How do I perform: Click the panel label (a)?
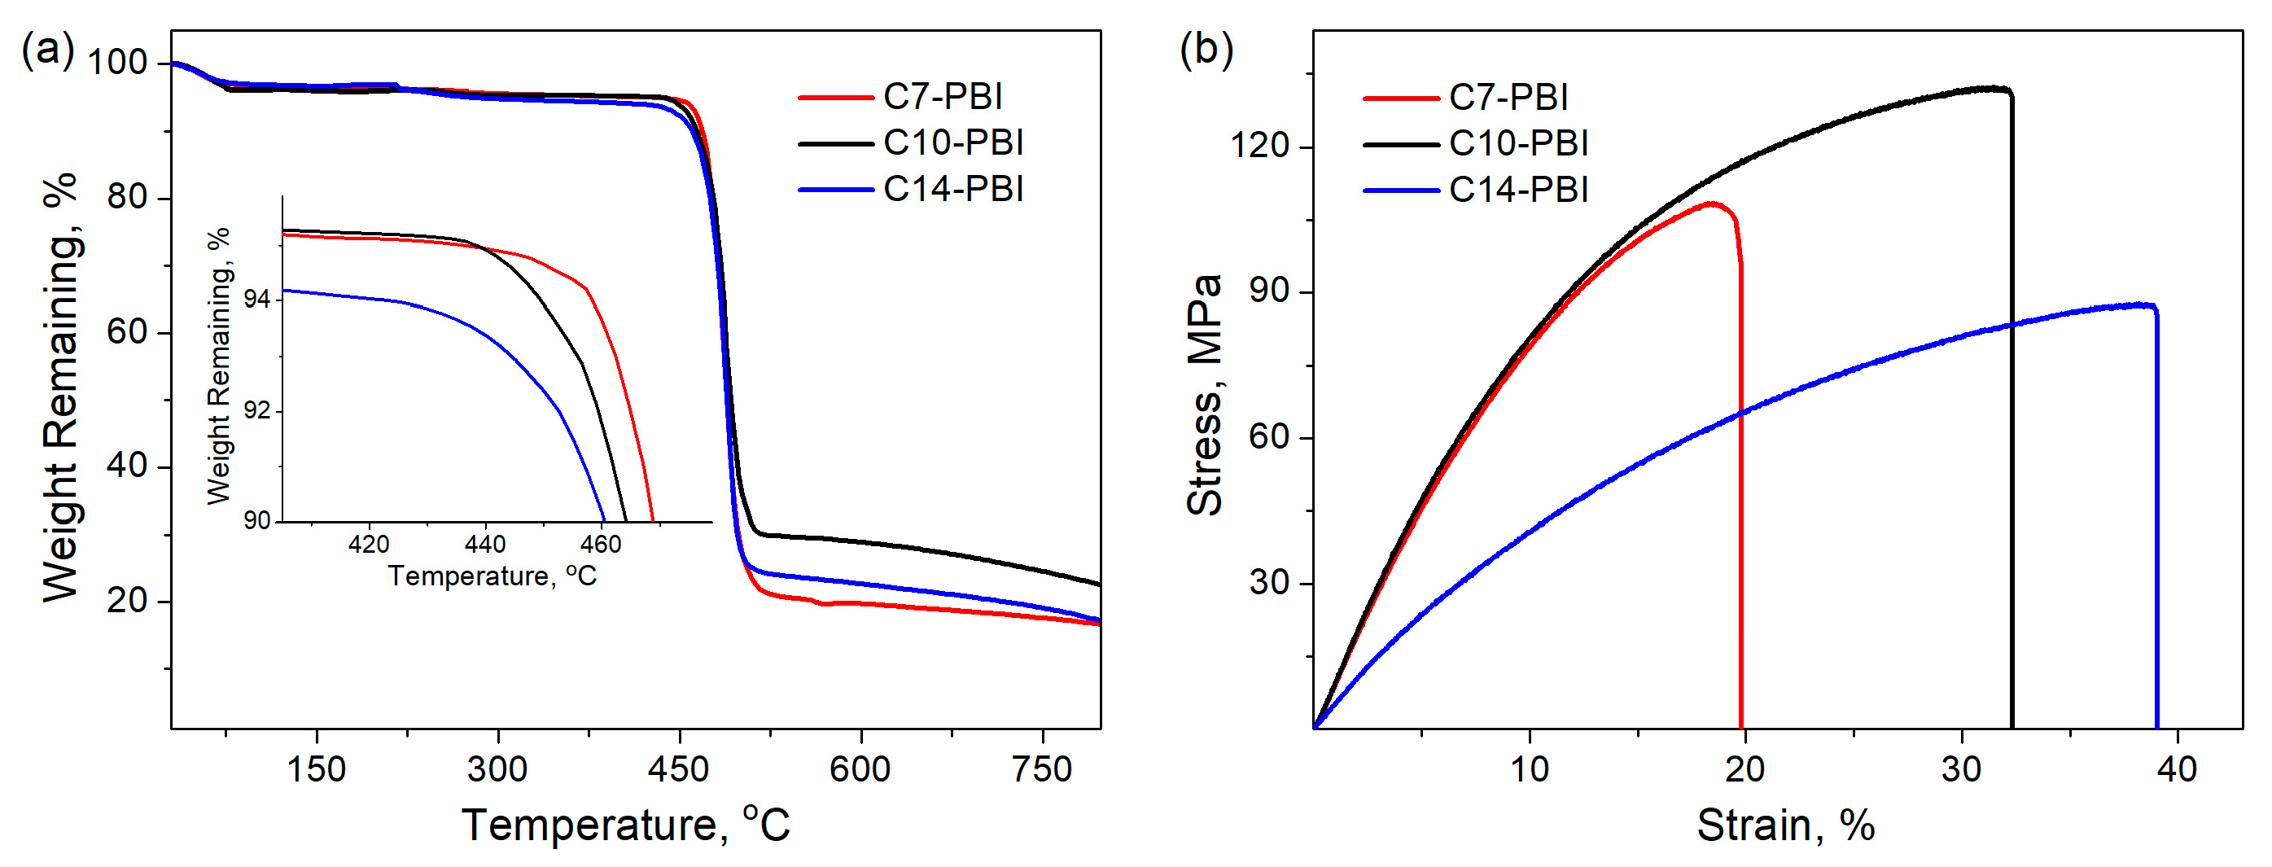(x=48, y=50)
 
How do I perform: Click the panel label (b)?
(x=1206, y=50)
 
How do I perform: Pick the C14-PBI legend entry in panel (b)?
(x=1518, y=190)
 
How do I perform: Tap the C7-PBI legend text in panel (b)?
(x=1508, y=97)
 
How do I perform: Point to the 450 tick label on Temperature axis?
(x=677, y=770)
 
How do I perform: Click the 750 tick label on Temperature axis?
(x=1042, y=770)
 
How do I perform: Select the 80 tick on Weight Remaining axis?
(x=127, y=197)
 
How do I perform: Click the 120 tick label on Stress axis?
(x=1260, y=145)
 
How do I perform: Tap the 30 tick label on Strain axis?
(x=1961, y=770)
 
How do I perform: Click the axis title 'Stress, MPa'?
(x=1205, y=395)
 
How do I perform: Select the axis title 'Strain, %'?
(x=1785, y=826)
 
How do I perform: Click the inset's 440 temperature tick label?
(x=484, y=544)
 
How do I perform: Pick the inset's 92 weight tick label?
(x=256, y=411)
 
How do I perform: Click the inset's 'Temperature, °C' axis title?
(x=492, y=576)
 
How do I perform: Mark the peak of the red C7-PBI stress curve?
(x=1712, y=204)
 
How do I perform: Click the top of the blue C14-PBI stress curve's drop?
(x=2155, y=308)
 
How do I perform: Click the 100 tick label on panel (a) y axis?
(x=117, y=63)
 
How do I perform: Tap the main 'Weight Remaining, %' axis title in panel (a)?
(x=62, y=388)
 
